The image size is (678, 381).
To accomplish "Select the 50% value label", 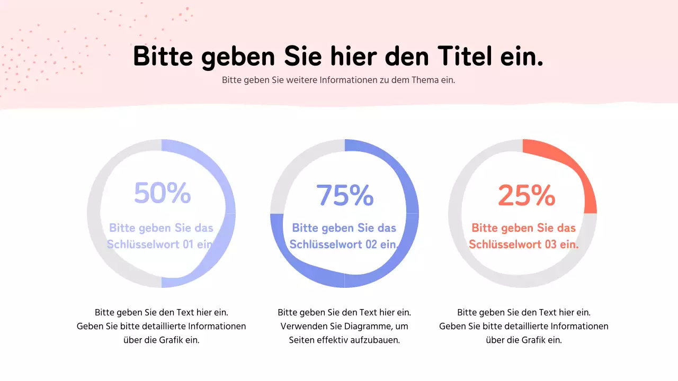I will [x=162, y=193].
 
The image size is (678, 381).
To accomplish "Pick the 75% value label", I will [x=345, y=195].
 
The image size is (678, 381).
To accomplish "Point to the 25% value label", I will [x=527, y=195].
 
